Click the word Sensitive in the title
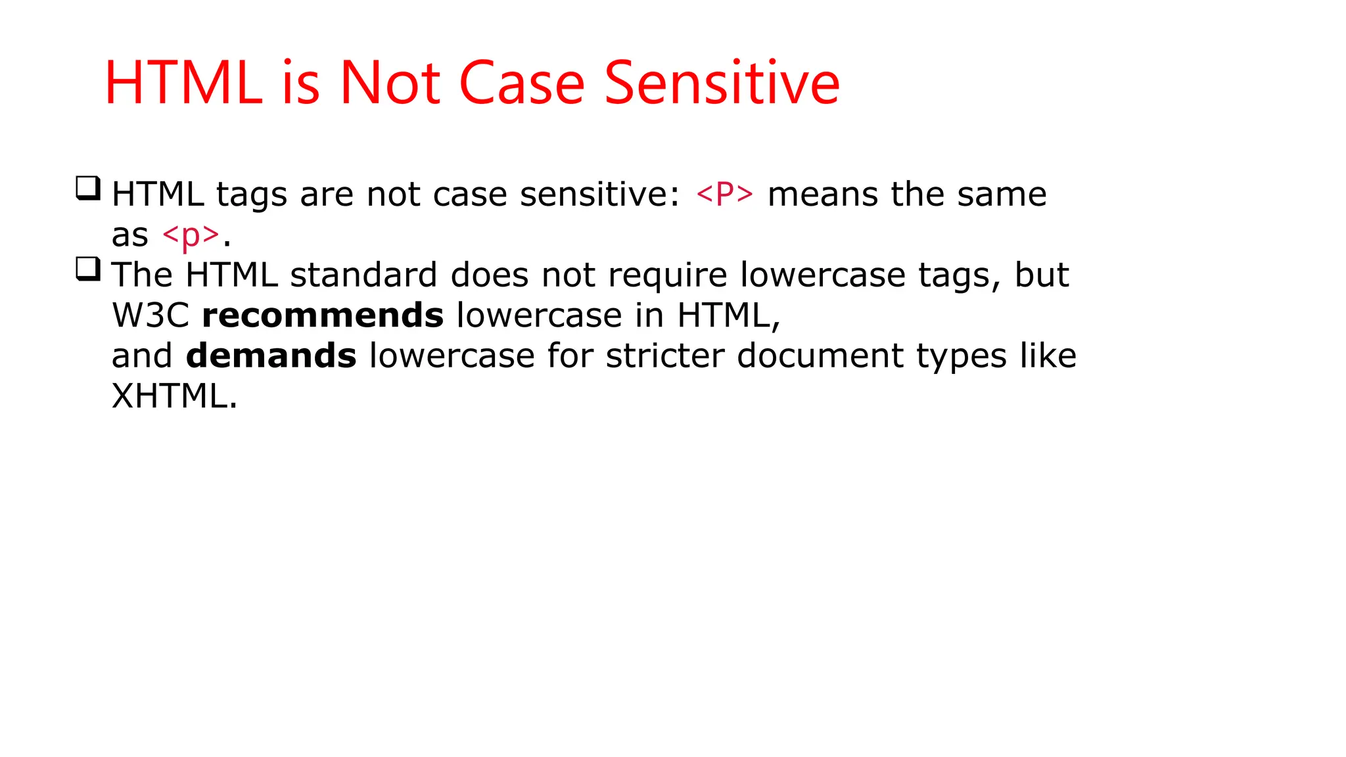(722, 83)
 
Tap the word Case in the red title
(521, 83)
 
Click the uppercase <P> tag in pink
(724, 195)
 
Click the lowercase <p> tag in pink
(191, 235)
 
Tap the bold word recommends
(323, 315)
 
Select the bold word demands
(271, 356)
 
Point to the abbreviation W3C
(151, 315)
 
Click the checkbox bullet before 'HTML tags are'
(88, 189)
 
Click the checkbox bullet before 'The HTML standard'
(88, 269)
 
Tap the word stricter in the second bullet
(664, 356)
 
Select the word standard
(363, 275)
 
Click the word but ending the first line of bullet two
(1042, 275)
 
